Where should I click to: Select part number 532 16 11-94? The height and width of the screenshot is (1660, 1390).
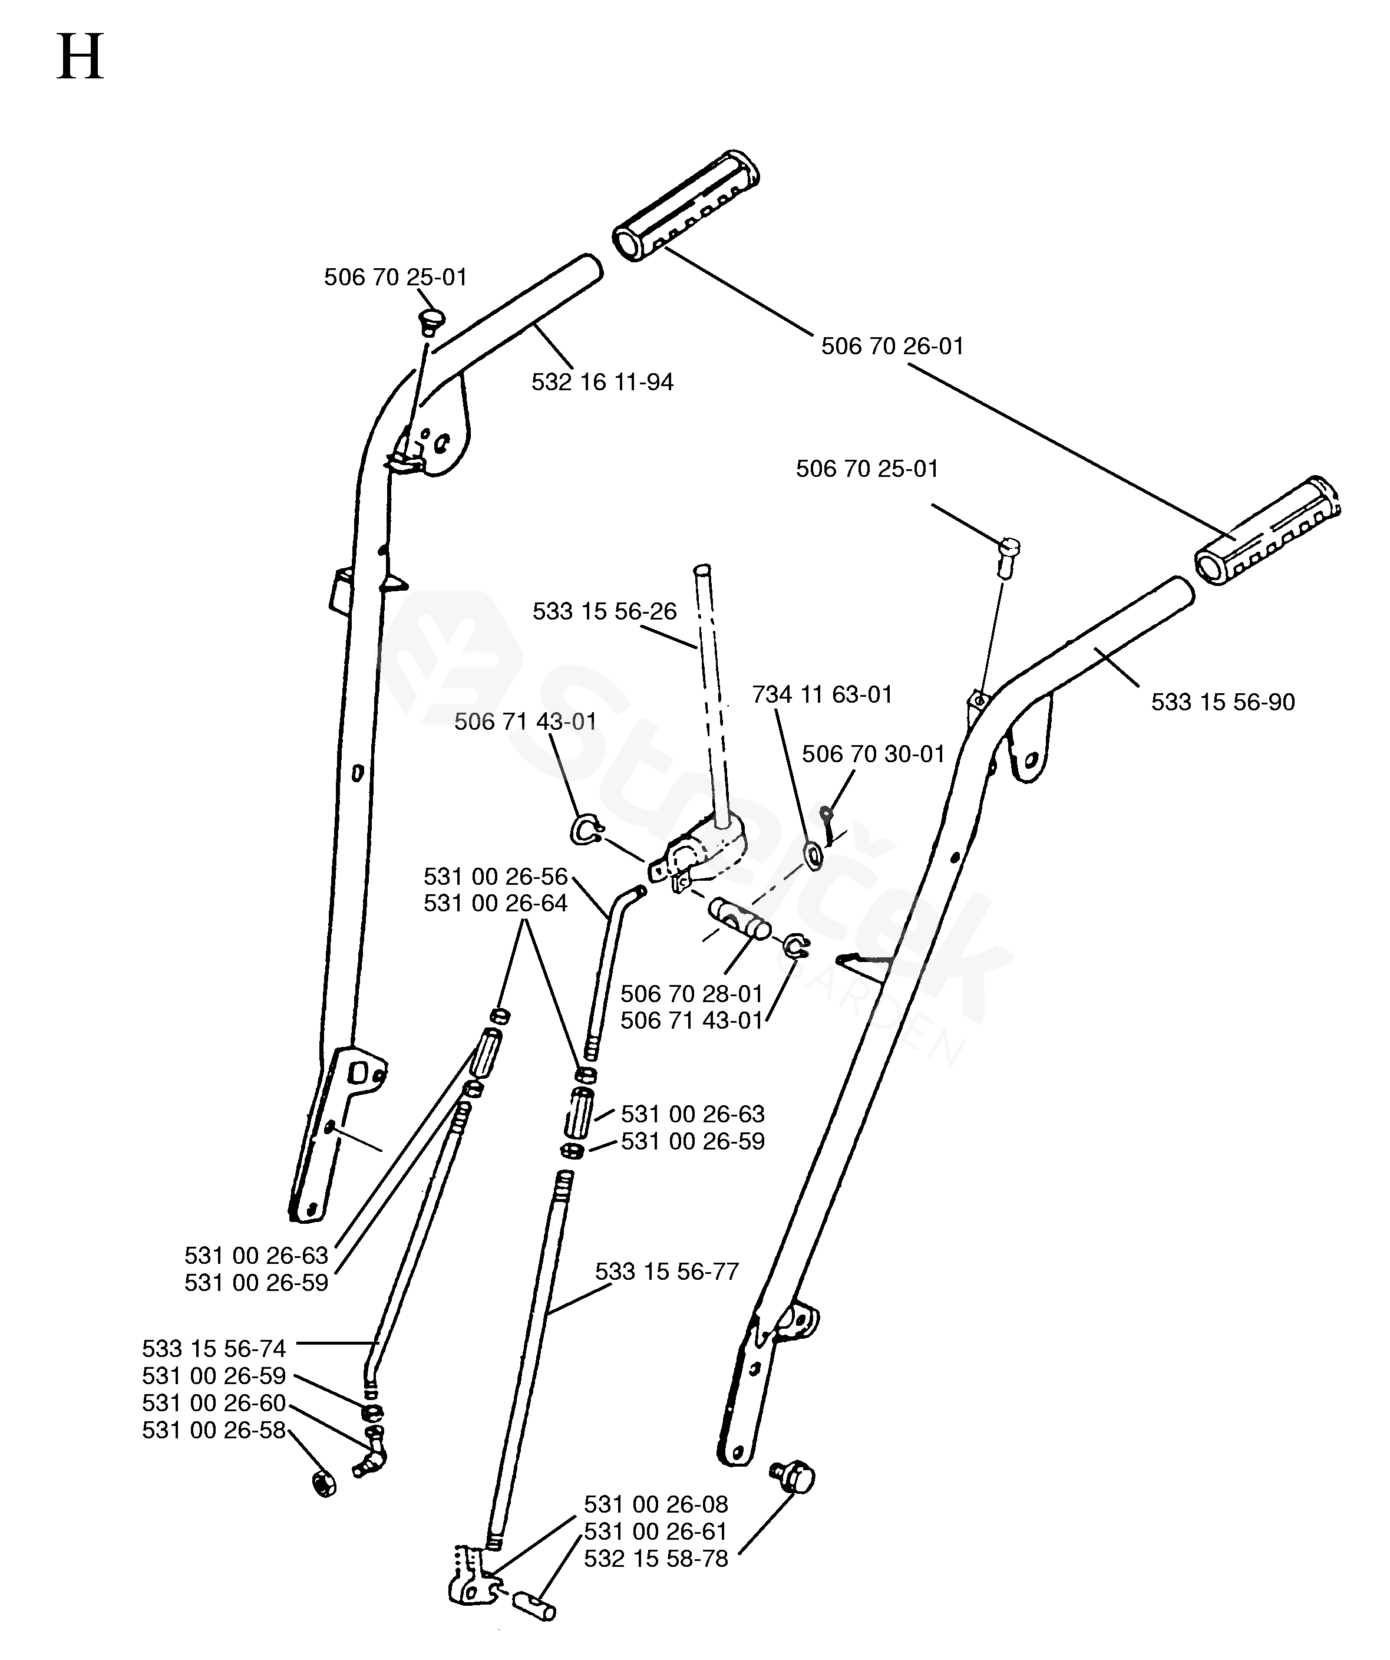[602, 383]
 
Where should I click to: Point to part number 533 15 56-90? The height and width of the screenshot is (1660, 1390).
[1223, 702]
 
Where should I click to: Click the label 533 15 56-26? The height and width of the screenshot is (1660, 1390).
[605, 611]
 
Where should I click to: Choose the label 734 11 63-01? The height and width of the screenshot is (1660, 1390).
[822, 695]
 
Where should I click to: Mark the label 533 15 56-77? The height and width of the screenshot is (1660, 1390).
[666, 1272]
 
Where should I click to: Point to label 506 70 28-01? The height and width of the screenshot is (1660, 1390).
[691, 994]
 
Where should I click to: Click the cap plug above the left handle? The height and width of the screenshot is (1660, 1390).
[431, 321]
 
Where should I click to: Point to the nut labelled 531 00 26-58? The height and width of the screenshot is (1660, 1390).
[323, 1484]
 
